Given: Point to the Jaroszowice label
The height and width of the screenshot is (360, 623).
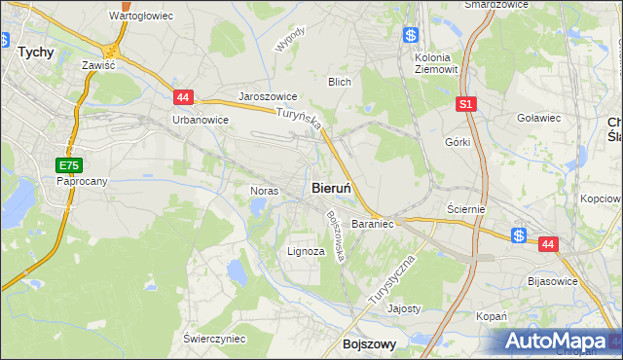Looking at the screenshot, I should (268, 97).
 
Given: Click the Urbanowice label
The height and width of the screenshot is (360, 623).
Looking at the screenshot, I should (200, 120).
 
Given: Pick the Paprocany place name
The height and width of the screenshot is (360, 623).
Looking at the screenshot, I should (81, 181).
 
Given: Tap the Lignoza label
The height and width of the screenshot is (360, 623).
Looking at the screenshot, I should (306, 250).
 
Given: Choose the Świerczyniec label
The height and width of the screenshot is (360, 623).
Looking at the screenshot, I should (214, 338).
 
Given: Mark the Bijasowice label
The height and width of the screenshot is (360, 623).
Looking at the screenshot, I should (552, 281).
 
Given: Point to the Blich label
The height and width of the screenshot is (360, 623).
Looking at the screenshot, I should (340, 82).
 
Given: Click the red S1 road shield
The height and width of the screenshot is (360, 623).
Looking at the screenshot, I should (466, 103).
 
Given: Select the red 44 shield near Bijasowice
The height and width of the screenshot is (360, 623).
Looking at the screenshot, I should (548, 245).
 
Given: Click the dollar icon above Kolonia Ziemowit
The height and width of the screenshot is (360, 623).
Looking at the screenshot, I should (411, 36).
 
